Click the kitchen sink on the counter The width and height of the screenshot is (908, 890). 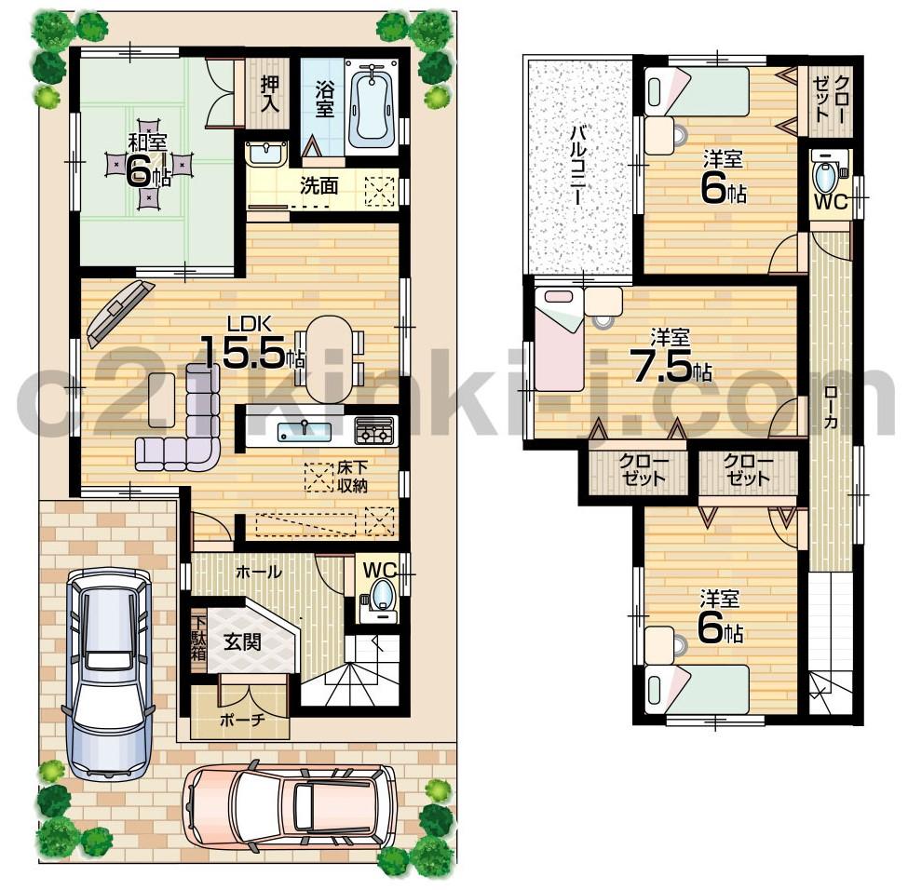click(x=303, y=431)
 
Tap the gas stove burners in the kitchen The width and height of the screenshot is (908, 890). click(x=374, y=431)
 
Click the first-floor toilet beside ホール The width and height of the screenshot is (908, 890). click(x=380, y=596)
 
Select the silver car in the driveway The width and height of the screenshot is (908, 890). click(x=109, y=670)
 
